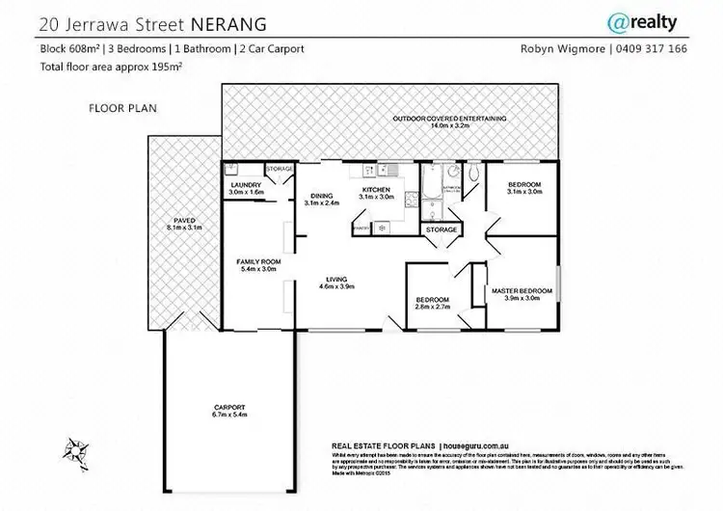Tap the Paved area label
183,224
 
